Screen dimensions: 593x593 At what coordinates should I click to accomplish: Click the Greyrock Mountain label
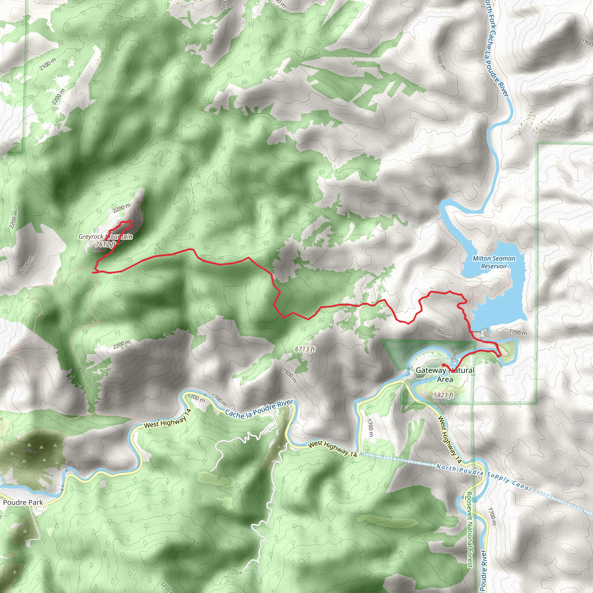106,236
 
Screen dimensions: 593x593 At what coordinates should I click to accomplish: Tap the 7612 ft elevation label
105,244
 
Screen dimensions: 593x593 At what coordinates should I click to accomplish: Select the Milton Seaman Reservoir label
494,262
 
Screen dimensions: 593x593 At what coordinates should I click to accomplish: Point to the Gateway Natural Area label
445,374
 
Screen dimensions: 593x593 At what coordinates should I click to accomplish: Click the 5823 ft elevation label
443,395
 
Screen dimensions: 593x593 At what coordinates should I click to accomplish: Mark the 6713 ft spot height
305,349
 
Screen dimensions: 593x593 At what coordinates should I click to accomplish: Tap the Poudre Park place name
23,502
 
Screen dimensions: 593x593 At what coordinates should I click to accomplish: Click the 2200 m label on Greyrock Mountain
122,208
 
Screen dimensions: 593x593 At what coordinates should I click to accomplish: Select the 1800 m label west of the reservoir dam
443,332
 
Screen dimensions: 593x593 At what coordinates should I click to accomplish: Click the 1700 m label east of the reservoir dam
518,332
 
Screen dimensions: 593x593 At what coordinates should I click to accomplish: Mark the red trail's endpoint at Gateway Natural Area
443,365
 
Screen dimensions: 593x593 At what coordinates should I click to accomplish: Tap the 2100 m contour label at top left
48,64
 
